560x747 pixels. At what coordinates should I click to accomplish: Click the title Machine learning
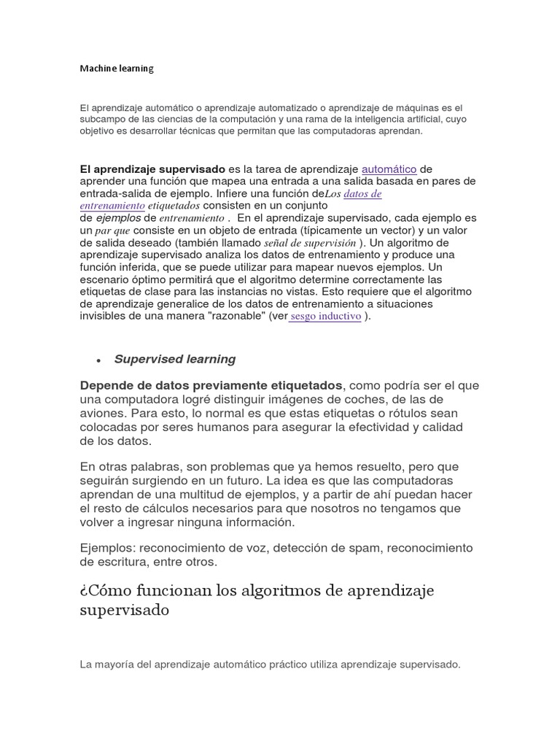tap(117, 69)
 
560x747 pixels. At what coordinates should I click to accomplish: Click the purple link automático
tap(389, 169)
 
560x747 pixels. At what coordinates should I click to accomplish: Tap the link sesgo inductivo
tap(325, 317)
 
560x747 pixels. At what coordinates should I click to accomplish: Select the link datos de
tap(362, 194)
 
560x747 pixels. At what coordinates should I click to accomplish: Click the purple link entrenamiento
tap(112, 206)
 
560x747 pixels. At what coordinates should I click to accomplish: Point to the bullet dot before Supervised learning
tap(97, 360)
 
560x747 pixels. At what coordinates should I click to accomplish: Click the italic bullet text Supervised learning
tap(175, 359)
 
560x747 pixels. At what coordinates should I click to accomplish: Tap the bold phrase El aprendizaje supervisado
tap(152, 169)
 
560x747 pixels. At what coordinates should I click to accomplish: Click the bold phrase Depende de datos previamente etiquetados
tap(211, 385)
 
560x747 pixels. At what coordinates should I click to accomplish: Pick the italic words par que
tap(113, 230)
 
